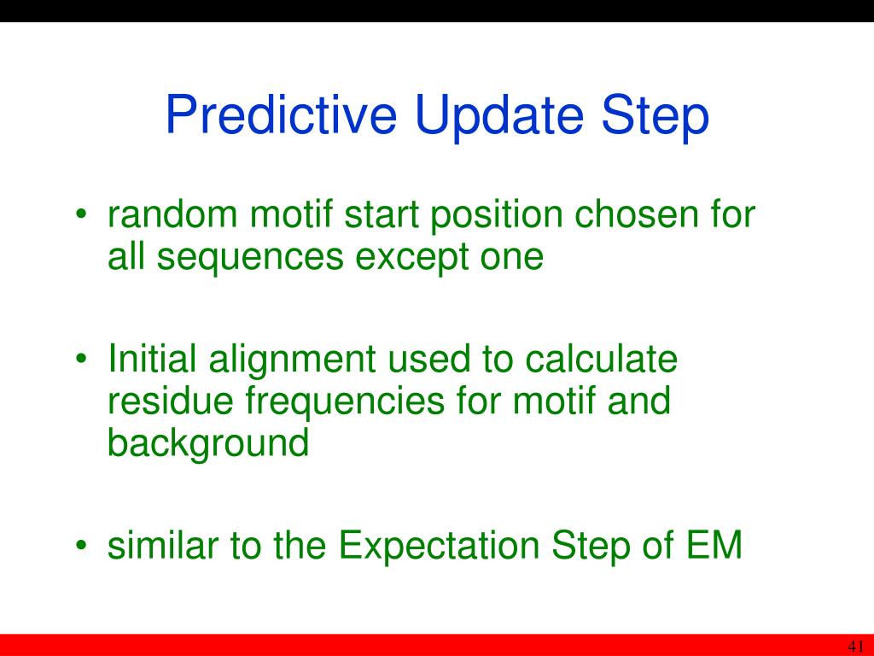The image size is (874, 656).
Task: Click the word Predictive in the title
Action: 281,114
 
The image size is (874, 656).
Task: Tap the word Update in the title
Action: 498,116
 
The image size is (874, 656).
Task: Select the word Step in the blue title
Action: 655,116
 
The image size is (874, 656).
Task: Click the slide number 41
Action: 855,646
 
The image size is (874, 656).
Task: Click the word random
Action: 172,214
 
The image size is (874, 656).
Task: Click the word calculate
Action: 601,358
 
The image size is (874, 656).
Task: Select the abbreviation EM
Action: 714,544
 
